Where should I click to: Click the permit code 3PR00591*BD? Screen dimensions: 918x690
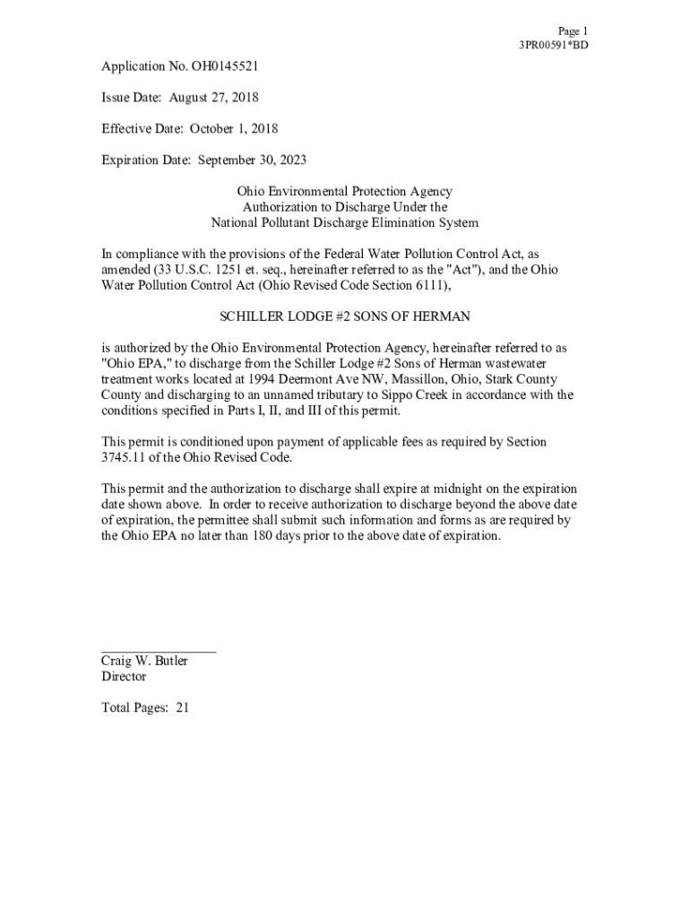pos(553,45)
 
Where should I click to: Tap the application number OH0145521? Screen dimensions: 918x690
pos(213,66)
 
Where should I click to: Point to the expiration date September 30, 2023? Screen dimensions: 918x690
pos(252,160)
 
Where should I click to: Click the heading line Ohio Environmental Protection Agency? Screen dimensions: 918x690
pos(344,192)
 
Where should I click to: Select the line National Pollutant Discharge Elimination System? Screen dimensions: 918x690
pos(344,223)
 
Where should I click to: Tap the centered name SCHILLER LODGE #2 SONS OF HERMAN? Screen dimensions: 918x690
pos(344,317)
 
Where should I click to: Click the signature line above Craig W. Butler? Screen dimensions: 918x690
pos(158,652)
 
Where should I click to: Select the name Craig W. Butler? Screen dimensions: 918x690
pos(144,662)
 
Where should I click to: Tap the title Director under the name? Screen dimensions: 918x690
pos(123,677)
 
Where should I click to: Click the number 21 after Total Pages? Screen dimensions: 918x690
pos(182,708)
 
